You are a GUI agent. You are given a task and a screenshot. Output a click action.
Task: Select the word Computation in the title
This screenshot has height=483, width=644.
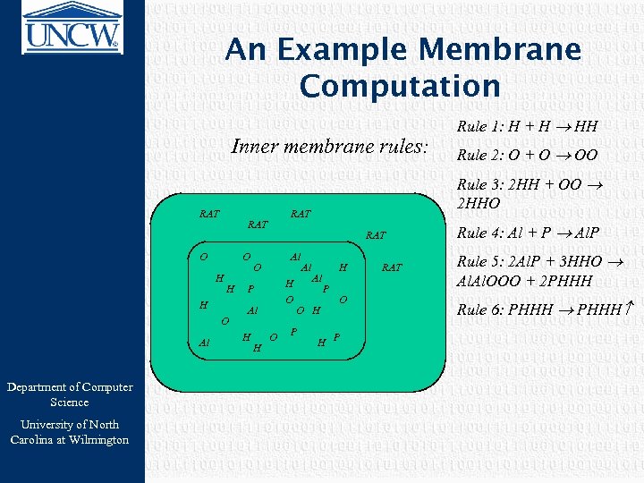click(x=400, y=86)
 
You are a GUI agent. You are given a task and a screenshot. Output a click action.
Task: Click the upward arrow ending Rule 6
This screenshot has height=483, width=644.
click(x=628, y=309)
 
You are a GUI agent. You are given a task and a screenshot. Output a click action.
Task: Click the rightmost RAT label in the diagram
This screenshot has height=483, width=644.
click(x=392, y=267)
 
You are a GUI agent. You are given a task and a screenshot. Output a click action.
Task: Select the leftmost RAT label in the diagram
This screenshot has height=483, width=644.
click(x=209, y=214)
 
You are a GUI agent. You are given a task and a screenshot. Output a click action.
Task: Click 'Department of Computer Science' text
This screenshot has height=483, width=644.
click(x=70, y=394)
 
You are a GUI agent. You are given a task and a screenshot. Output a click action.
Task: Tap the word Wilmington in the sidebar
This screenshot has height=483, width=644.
click(x=98, y=439)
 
